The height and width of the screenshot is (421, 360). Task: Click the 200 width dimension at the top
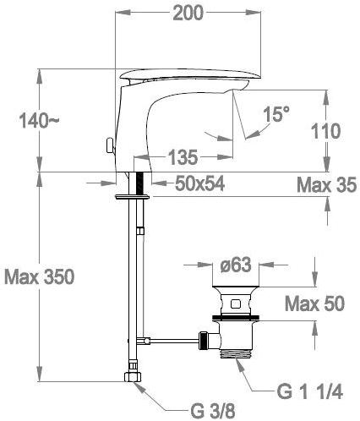pos(188,13)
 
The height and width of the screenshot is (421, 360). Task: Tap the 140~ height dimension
pos(39,121)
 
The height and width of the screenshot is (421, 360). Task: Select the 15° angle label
pos(276,114)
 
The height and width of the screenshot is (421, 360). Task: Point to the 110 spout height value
pos(325,131)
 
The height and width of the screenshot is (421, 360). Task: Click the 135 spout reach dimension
pos(183,157)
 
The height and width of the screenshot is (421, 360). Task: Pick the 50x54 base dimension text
pos(199,183)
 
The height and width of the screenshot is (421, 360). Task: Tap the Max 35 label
pos(327,185)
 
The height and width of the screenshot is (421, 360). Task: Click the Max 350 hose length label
pos(40,276)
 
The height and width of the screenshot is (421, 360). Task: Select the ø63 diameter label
pos(236,265)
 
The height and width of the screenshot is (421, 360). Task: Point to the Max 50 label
pos(314,303)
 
